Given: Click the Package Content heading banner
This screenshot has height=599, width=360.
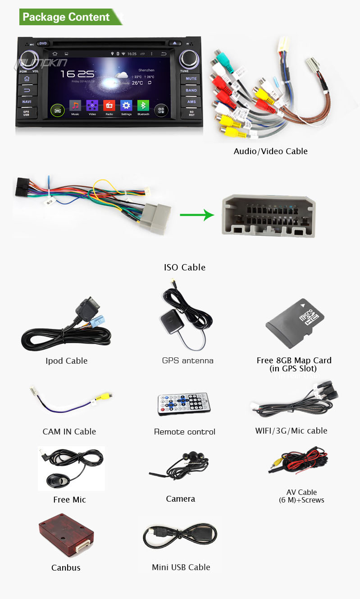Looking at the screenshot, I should pos(67,17).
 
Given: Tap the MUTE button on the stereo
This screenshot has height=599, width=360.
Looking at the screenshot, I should pos(191,78).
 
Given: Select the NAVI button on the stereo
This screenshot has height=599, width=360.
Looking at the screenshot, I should pos(27,101).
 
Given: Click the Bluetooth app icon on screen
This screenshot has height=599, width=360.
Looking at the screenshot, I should pos(143,106).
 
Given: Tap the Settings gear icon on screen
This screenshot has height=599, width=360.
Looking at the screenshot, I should pos(126,106).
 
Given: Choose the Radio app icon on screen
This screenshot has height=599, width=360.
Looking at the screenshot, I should pos(109,106).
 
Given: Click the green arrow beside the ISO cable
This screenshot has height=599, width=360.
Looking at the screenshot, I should pos(196,215).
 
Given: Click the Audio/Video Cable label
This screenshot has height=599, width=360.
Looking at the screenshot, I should pos(270,151).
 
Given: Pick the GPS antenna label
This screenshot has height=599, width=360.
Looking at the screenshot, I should pos(188,361).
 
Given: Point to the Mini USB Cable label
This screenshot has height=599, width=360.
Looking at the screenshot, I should pos(181,567).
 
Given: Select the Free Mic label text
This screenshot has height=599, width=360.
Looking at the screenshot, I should pos(69,499).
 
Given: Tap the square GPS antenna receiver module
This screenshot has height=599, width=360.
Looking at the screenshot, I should pos(171,323).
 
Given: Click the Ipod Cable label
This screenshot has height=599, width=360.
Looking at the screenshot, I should pos(67,361).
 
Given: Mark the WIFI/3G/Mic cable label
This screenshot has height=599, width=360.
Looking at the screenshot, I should pos(291,430).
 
